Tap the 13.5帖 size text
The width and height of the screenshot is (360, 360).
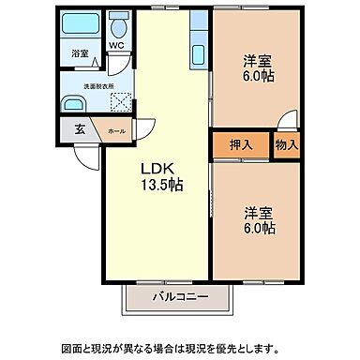coord(161,184)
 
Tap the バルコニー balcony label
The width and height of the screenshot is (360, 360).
coord(178,299)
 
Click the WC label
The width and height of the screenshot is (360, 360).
coord(115,44)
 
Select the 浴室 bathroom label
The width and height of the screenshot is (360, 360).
coord(80,54)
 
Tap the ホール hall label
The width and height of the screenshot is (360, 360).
coord(115,131)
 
